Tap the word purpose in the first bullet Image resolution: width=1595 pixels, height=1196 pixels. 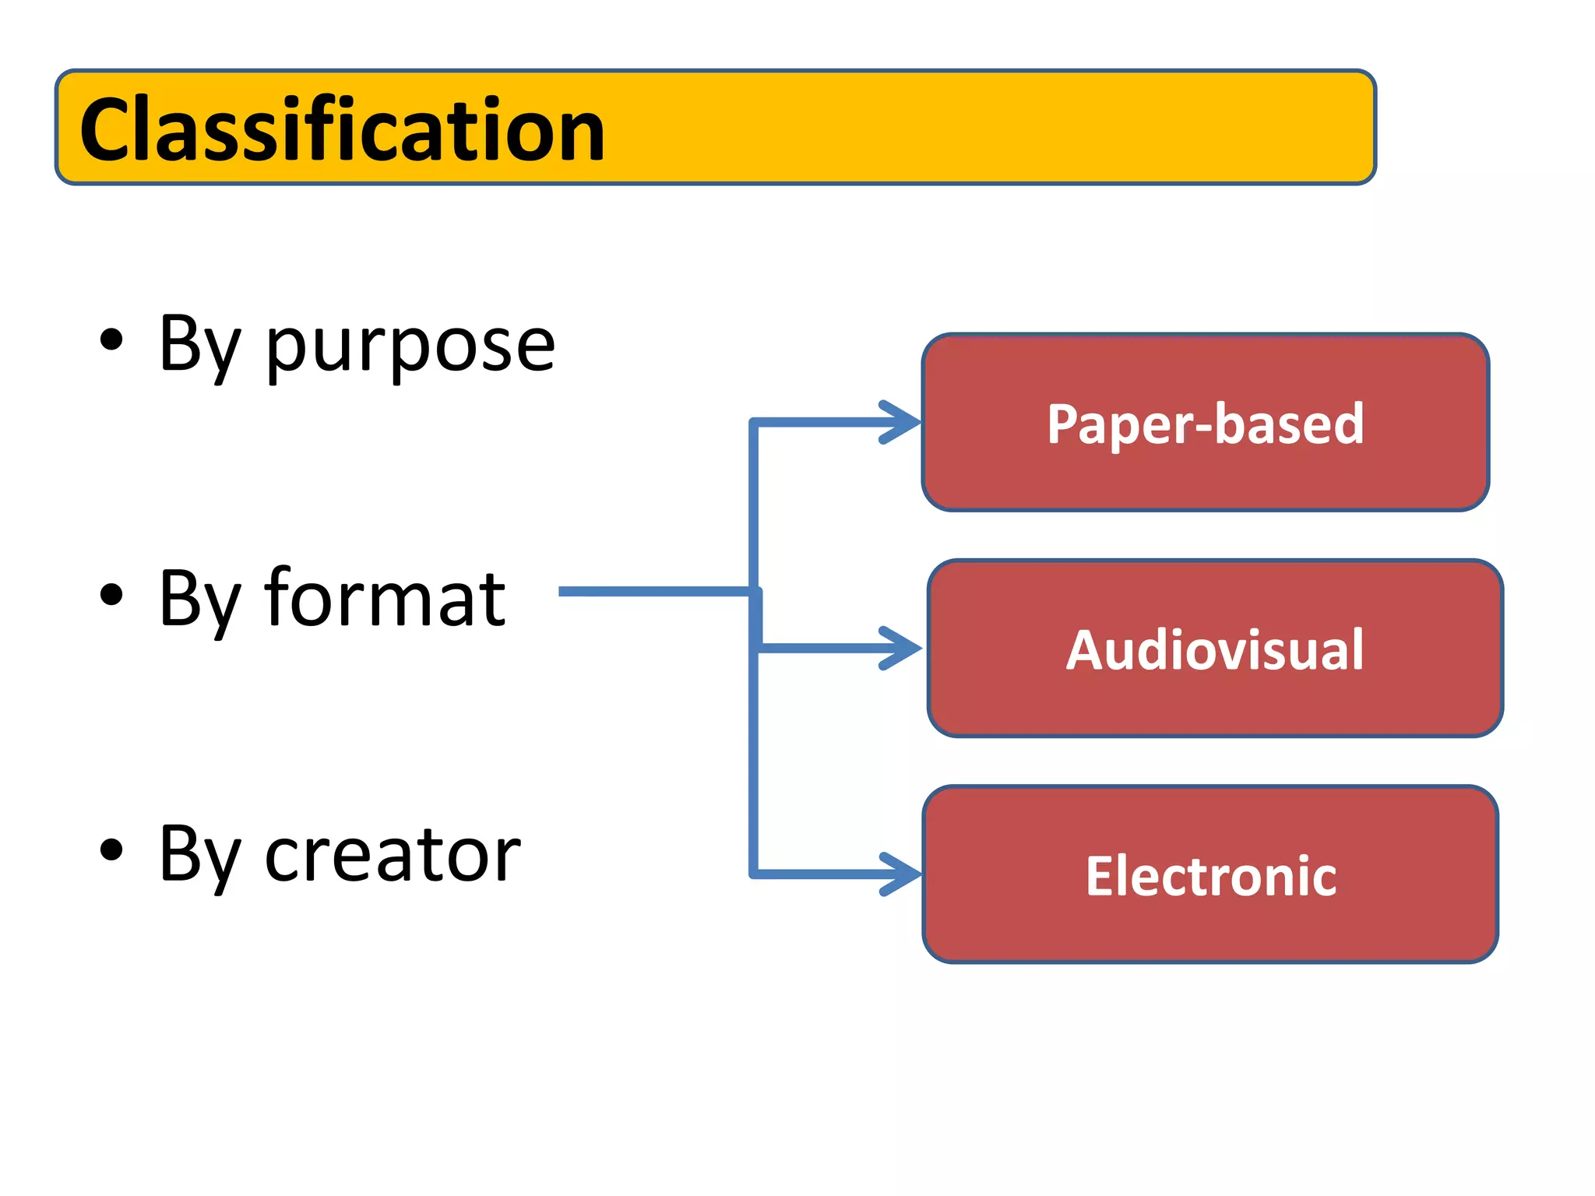(410, 345)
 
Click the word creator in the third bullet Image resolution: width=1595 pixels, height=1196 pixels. (393, 854)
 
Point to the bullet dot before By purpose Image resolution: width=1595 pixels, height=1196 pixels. (111, 340)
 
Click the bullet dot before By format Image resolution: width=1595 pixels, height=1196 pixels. (111, 594)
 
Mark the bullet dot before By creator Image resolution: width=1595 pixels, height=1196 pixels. (111, 850)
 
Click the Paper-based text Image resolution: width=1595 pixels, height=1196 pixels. (1205, 424)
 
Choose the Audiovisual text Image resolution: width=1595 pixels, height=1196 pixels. (1214, 649)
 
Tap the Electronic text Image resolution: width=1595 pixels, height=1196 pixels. (1210, 876)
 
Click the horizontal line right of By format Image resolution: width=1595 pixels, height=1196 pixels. (654, 592)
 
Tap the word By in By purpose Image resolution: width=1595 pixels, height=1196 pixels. (198, 345)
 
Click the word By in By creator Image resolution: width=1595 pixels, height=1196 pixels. (198, 854)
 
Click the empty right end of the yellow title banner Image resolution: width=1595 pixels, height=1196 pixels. (1090, 128)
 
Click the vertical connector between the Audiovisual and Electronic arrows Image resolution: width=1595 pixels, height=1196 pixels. (754, 763)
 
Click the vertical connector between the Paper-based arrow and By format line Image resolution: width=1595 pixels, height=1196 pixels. (754, 506)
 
